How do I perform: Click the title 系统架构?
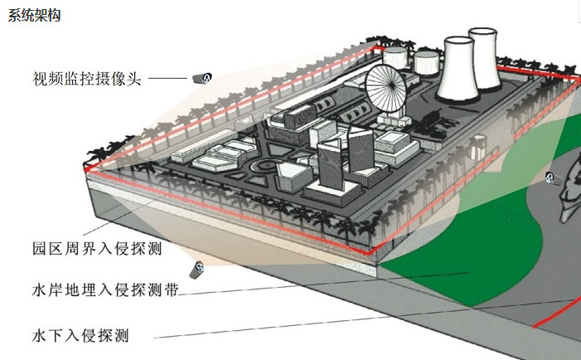(x=34, y=16)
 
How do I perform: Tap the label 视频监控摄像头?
(x=88, y=80)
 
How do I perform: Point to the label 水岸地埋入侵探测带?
(x=104, y=291)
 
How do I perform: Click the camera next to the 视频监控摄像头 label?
(x=202, y=79)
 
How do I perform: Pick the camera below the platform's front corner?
(x=198, y=270)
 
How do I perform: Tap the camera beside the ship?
(x=550, y=177)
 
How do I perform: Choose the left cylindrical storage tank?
(x=395, y=57)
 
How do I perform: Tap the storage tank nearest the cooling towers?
(x=426, y=62)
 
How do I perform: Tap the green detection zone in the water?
(x=464, y=249)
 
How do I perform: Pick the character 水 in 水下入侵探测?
(x=39, y=336)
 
